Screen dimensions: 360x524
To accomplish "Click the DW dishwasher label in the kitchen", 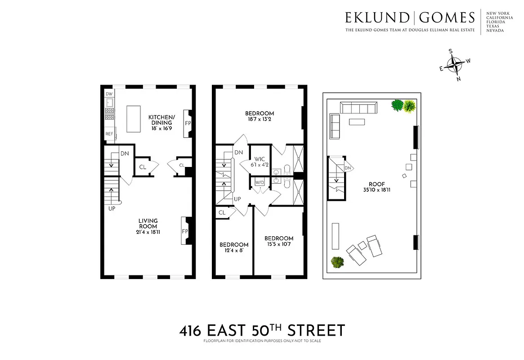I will pyautogui.click(x=109, y=94).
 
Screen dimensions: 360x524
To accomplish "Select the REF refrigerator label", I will pyautogui.click(x=109, y=134).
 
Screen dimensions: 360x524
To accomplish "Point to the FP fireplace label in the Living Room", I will pyautogui.click(x=185, y=231).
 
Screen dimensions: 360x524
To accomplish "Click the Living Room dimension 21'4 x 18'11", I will pyautogui.click(x=148, y=232).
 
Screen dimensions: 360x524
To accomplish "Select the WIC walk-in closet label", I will pyautogui.click(x=259, y=159).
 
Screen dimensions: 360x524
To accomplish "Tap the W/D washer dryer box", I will pyautogui.click(x=260, y=183).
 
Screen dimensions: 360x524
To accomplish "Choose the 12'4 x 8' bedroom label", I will pyautogui.click(x=234, y=251).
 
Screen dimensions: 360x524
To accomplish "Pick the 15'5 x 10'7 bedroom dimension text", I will pyautogui.click(x=279, y=245).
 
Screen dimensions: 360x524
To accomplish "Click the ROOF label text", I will pyautogui.click(x=372, y=183).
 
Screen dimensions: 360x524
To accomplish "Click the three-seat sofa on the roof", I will pyautogui.click(x=358, y=108).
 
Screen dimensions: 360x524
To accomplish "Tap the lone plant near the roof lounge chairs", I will pyautogui.click(x=337, y=262).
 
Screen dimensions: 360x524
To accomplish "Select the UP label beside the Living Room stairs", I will pyautogui.click(x=112, y=209).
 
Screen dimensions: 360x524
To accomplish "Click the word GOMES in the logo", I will pyautogui.click(x=447, y=18).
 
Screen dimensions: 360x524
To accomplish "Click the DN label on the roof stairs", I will pyautogui.click(x=348, y=168).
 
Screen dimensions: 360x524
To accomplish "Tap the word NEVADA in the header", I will pyautogui.click(x=495, y=31).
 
